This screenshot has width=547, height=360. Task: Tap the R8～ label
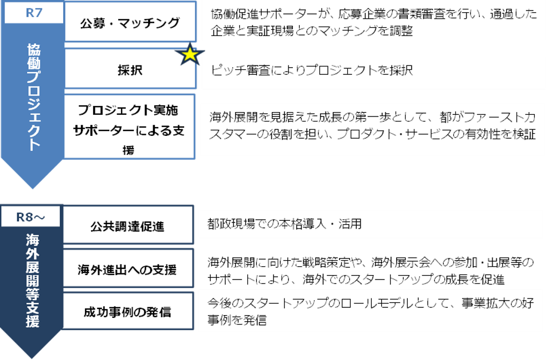pyautogui.click(x=31, y=217)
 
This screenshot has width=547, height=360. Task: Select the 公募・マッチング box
pyautogui.click(x=130, y=22)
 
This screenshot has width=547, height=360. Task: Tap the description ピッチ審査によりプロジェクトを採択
pyautogui.click(x=311, y=70)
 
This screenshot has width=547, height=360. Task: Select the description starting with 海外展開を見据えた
pyautogui.click(x=372, y=126)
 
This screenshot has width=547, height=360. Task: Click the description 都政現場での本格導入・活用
pyautogui.click(x=284, y=224)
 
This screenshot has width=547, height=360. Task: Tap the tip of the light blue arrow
pyautogui.click(x=33, y=188)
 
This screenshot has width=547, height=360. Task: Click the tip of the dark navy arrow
pyautogui.click(x=32, y=358)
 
